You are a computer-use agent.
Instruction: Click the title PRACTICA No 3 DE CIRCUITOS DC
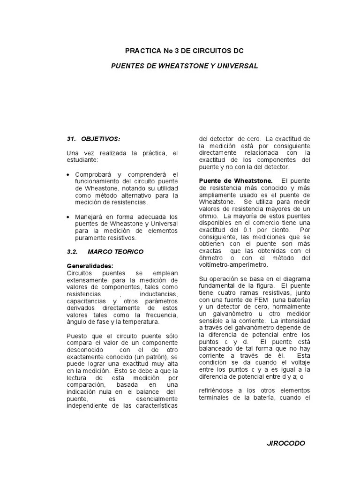[184, 50]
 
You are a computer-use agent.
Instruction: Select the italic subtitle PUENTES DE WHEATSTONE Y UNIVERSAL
[184, 66]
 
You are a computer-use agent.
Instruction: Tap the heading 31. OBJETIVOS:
[93, 139]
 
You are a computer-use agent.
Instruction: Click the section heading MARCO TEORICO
[115, 252]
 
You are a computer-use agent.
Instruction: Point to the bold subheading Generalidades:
[90, 266]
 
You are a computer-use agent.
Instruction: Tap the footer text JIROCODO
[286, 443]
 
